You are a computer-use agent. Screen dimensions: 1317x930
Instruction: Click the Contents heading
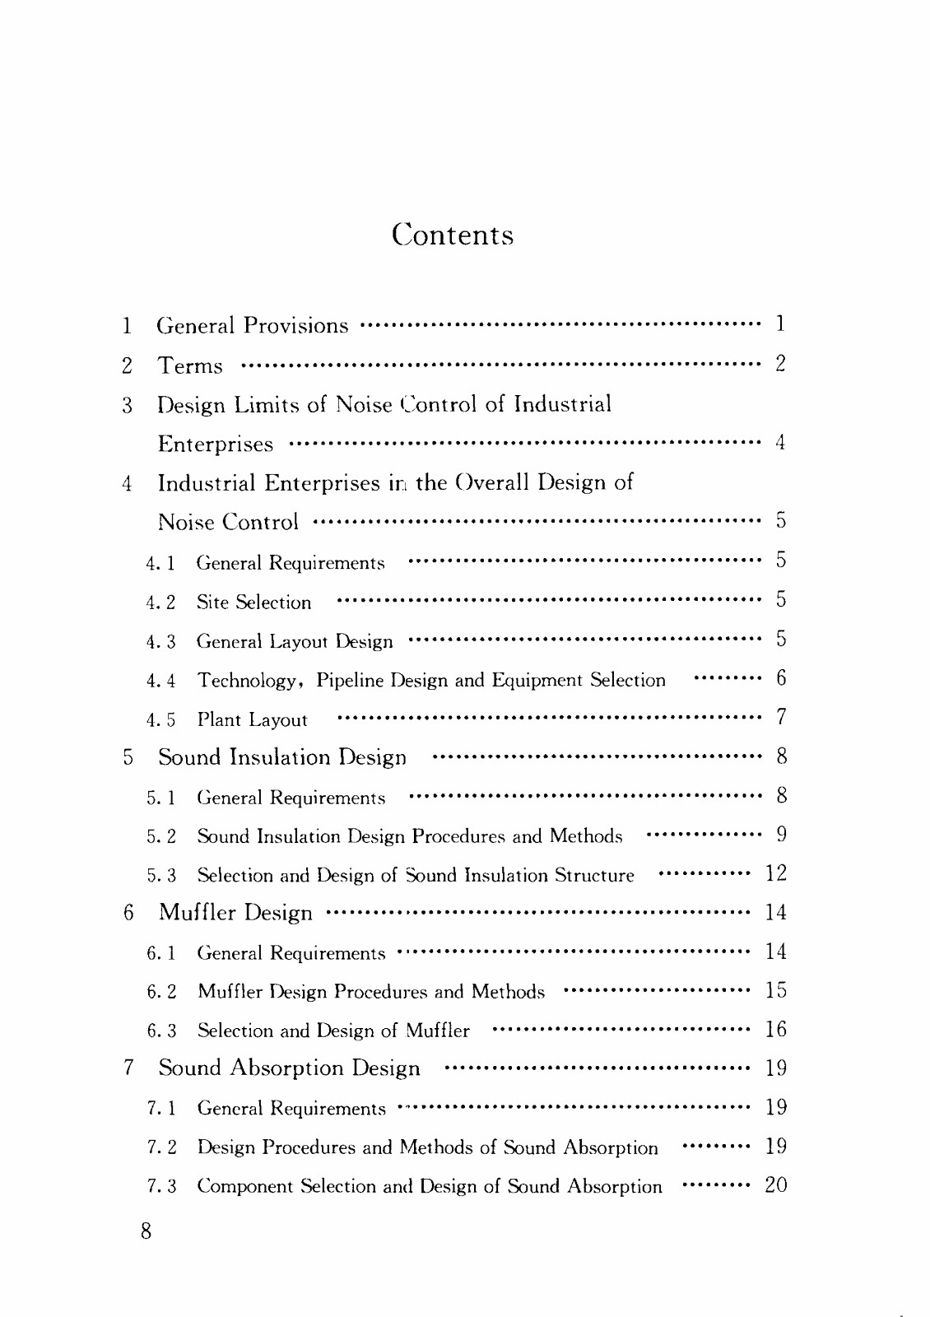[x=453, y=235]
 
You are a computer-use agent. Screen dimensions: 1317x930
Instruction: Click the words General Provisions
[x=253, y=326]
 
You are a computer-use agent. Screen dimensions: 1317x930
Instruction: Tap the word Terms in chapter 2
[x=190, y=365]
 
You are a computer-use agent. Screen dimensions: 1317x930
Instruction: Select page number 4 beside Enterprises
[x=780, y=443]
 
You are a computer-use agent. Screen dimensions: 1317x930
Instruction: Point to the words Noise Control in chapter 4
[x=228, y=522]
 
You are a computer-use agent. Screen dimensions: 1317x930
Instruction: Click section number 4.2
[x=161, y=603]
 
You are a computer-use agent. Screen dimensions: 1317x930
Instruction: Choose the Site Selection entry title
[x=253, y=603]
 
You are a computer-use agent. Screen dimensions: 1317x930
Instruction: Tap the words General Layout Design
[x=295, y=641]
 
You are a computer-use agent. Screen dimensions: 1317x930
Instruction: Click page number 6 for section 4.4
[x=781, y=679]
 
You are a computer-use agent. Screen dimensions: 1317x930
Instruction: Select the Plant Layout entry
[x=252, y=720]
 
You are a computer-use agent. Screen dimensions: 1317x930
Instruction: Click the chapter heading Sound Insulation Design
[x=282, y=757]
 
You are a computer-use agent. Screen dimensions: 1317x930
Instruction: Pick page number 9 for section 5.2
[x=781, y=835]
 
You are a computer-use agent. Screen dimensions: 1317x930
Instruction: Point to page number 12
[x=775, y=874]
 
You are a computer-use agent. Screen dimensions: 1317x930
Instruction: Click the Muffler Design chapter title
[x=235, y=913]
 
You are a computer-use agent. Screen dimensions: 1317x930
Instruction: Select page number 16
[x=775, y=1030]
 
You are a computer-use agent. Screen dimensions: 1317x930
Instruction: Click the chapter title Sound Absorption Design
[x=289, y=1068]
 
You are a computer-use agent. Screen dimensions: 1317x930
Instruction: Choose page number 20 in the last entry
[x=775, y=1185]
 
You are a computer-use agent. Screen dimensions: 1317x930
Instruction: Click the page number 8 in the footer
[x=146, y=1231]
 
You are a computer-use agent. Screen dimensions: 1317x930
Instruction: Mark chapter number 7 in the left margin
[x=128, y=1068]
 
